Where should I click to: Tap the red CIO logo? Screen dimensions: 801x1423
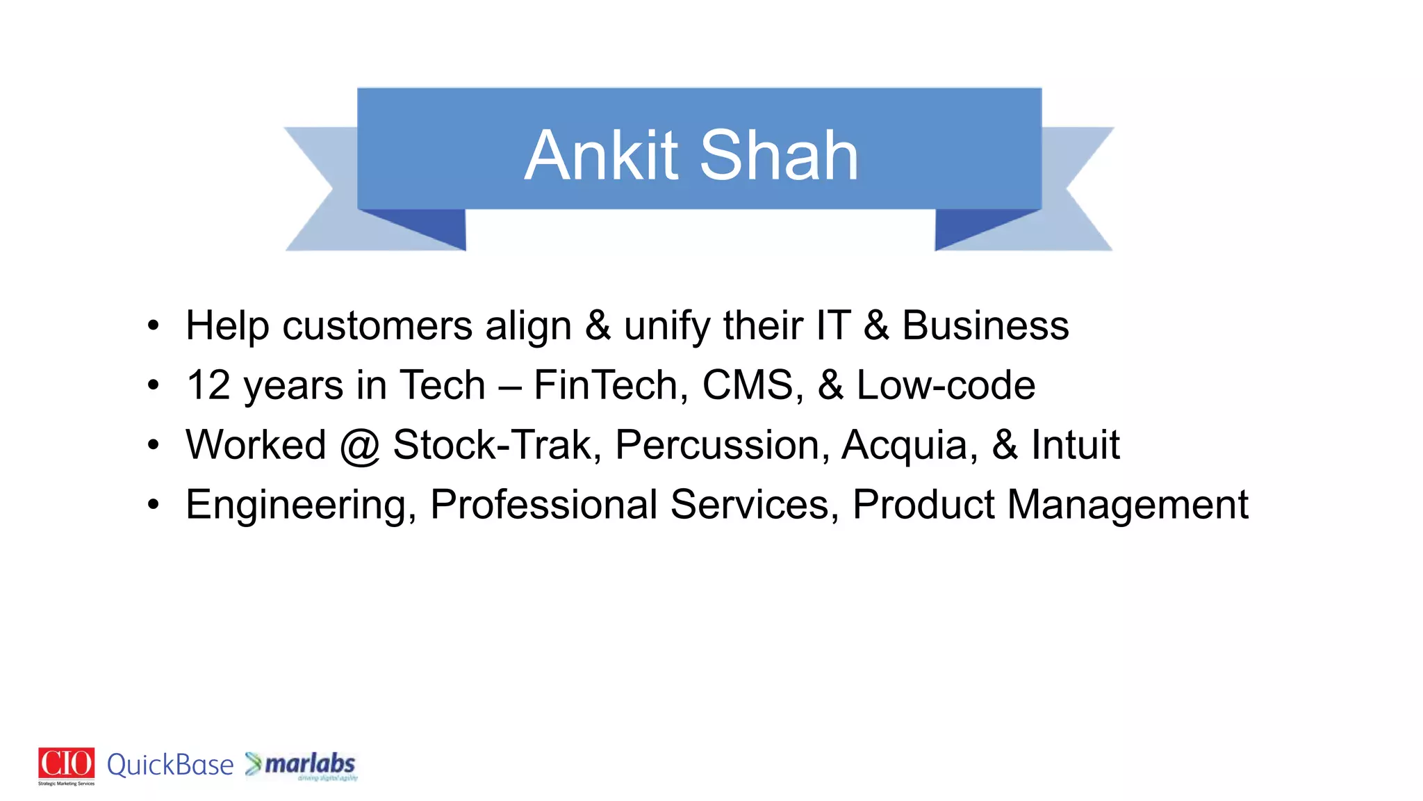click(x=66, y=764)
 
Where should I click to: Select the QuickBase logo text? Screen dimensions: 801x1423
click(x=170, y=765)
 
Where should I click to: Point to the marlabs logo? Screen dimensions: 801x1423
click(x=303, y=765)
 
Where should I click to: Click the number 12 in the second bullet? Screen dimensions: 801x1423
click(x=208, y=385)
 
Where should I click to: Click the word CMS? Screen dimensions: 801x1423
click(x=748, y=385)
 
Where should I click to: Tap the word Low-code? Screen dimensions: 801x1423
click(x=946, y=385)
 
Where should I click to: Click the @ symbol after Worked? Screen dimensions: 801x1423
click(x=359, y=446)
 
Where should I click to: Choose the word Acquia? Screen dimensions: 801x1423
click(x=905, y=445)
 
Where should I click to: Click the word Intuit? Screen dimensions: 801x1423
click(x=1075, y=445)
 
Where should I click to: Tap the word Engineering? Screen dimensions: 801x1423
click(x=296, y=505)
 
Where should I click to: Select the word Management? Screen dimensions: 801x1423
click(x=1127, y=505)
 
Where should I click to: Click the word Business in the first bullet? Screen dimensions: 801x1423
click(x=985, y=325)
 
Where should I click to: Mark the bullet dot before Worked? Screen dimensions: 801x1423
click(x=154, y=445)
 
